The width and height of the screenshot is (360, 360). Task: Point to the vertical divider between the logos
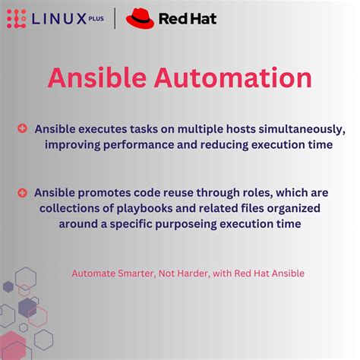[115, 17]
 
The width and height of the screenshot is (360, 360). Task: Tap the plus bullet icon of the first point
[23, 128]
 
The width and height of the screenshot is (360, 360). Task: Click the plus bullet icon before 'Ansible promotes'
[23, 193]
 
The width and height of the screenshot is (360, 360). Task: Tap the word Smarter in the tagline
[139, 273]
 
